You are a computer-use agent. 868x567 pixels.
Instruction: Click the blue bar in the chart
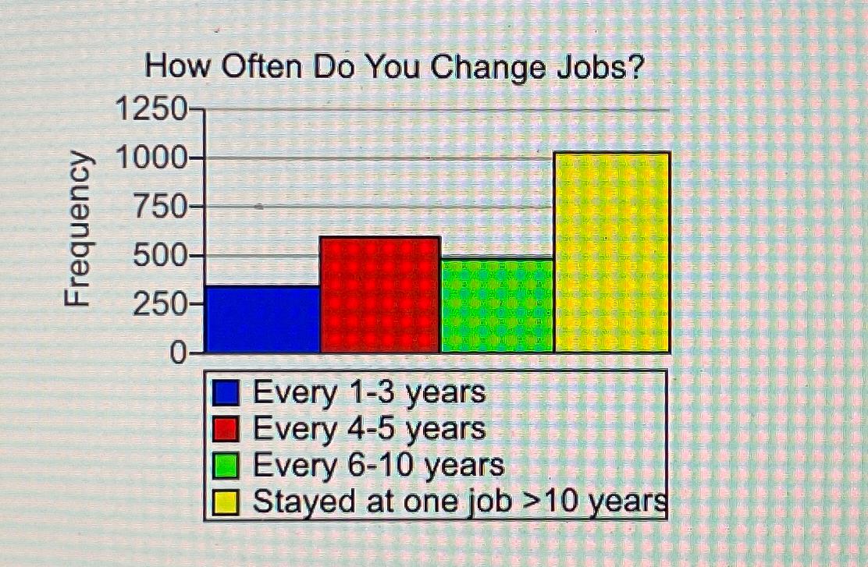tap(262, 319)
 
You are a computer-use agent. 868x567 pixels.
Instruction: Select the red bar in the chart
tap(380, 295)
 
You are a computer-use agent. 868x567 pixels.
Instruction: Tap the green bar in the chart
tap(497, 306)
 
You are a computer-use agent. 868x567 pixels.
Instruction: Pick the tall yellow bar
tap(612, 253)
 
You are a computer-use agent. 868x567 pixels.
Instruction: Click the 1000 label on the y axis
tap(153, 158)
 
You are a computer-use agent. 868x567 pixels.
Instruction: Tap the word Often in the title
tap(261, 69)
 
